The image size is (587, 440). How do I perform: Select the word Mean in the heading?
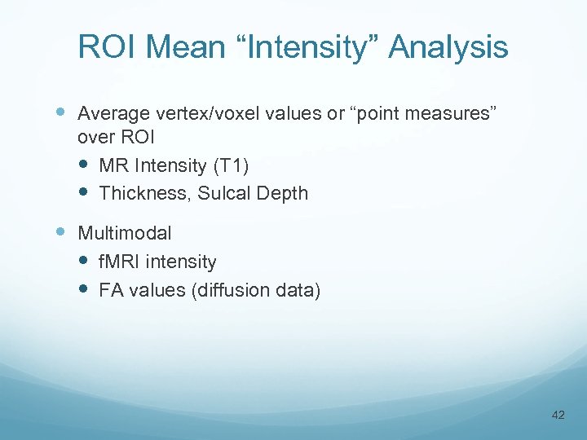(x=182, y=47)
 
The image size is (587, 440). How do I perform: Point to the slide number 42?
(x=558, y=415)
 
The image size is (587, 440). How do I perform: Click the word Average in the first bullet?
(x=108, y=113)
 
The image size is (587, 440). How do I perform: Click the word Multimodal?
(x=124, y=233)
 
